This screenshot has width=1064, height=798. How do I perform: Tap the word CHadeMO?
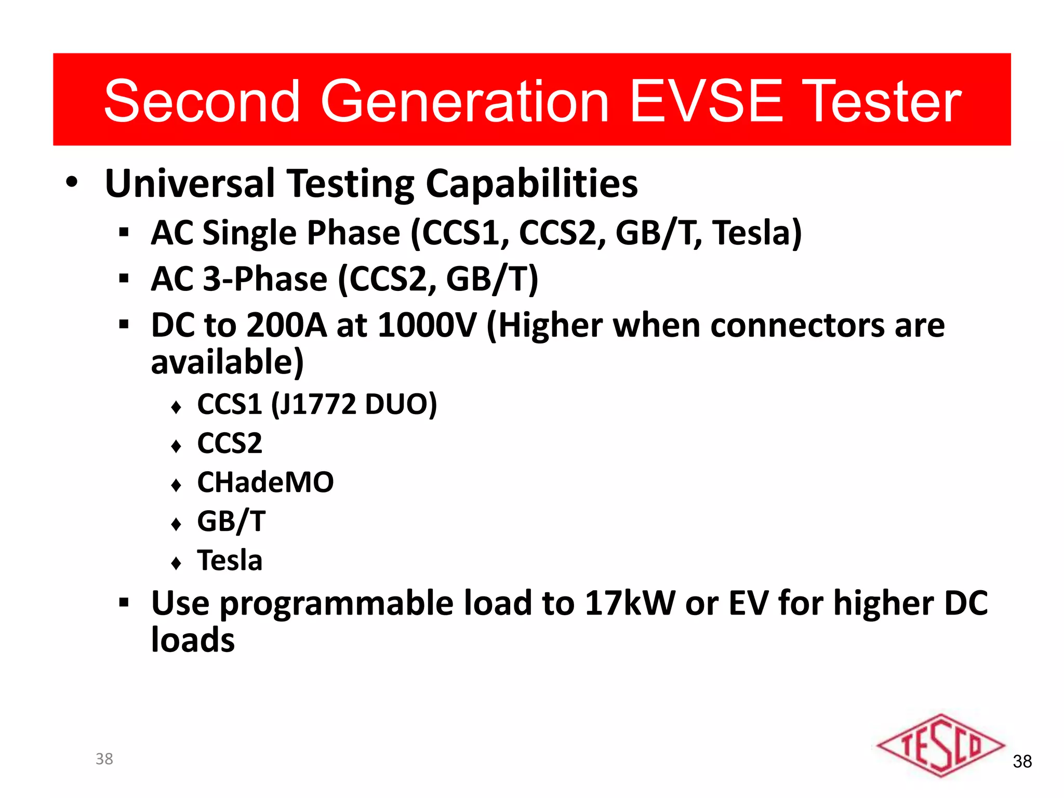265,482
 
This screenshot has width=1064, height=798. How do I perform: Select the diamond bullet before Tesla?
176,563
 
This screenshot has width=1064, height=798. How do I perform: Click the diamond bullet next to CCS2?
176,446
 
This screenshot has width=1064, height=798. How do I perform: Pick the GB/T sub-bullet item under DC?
231,521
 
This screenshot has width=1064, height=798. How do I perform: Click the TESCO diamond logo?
940,746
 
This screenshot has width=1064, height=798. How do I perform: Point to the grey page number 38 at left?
104,759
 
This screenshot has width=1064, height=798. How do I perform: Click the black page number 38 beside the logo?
1022,762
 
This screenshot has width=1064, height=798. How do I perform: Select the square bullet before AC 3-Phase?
124,279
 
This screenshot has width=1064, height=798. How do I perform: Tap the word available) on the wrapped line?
227,362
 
